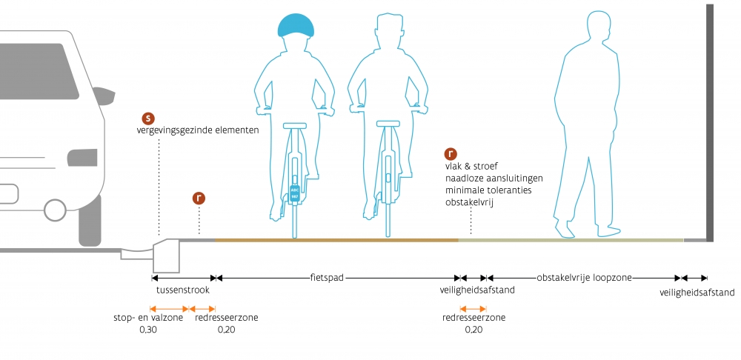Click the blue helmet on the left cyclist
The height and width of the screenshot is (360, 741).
(x=296, y=25)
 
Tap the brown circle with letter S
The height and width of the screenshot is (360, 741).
(x=148, y=119)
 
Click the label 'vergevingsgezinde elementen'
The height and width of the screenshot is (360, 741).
(x=198, y=130)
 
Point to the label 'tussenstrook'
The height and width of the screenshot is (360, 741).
(x=183, y=290)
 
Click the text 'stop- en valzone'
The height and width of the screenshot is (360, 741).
(x=148, y=318)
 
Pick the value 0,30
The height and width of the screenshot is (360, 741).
(x=148, y=330)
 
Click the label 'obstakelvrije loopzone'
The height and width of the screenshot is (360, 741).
(x=584, y=278)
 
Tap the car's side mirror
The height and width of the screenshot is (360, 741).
(x=104, y=96)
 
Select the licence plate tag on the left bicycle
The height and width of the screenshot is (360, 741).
(x=294, y=193)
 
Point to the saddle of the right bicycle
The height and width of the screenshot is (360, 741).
(x=388, y=124)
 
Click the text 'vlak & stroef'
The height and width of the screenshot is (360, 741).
(x=471, y=167)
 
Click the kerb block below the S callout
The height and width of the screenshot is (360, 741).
(x=166, y=256)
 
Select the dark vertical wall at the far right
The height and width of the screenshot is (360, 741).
(x=709, y=123)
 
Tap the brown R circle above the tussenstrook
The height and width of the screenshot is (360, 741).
(x=199, y=199)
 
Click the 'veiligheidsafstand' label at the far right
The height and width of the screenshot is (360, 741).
(x=697, y=293)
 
